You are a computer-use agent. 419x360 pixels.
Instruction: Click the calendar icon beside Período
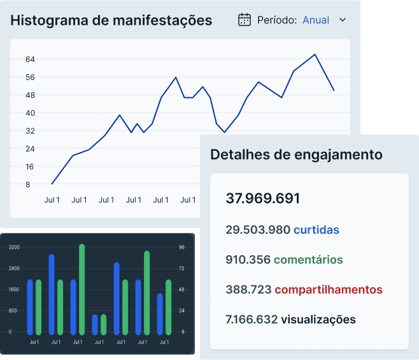[x=245, y=20]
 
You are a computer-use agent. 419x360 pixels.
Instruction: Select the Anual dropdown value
[x=316, y=20]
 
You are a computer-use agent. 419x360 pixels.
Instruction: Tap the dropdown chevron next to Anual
[x=343, y=20]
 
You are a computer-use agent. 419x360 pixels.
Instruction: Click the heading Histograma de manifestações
[x=111, y=20]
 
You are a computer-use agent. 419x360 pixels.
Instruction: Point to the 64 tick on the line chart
[x=30, y=59]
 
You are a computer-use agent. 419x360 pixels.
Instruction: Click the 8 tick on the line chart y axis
[x=27, y=184]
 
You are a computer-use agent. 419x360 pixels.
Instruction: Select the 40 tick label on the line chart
[x=30, y=113]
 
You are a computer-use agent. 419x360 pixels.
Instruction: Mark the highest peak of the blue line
[x=315, y=55]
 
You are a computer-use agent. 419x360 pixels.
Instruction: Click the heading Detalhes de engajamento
[x=296, y=155]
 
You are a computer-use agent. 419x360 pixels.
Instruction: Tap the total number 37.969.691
[x=262, y=198]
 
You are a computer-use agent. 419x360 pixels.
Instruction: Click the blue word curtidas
[x=316, y=230]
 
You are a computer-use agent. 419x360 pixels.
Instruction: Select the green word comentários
[x=308, y=260]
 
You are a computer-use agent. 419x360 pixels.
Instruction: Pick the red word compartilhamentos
[x=329, y=289]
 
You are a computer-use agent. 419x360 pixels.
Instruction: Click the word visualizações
[x=318, y=319]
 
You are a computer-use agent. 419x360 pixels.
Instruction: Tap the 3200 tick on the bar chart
[x=14, y=247]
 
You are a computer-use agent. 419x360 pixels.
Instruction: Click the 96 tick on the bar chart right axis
[x=181, y=247]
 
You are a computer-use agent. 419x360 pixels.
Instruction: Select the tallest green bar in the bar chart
[x=82, y=289]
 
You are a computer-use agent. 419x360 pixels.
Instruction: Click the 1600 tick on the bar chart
[x=14, y=289]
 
